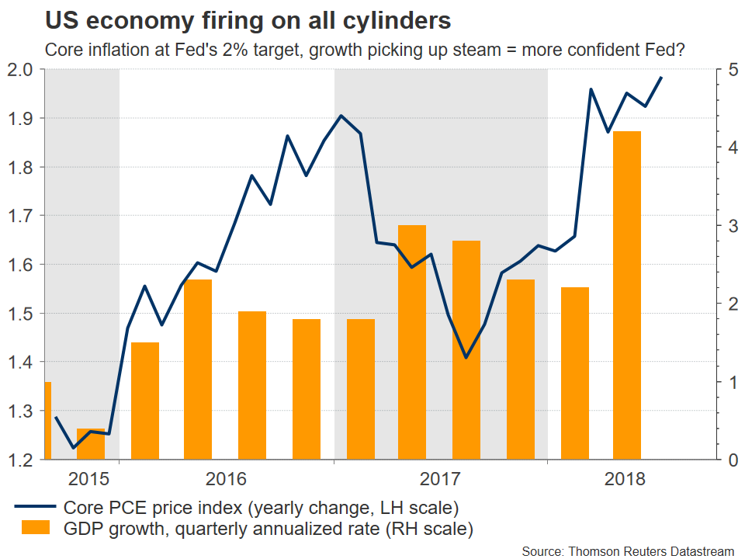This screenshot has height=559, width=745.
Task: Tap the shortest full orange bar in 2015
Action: [x=91, y=443]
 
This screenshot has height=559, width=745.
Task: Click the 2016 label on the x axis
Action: [x=226, y=477]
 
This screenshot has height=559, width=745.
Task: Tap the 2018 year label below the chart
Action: [x=625, y=477]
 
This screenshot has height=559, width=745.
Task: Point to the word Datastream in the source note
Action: [x=698, y=550]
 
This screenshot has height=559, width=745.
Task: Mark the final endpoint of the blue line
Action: [x=660, y=78]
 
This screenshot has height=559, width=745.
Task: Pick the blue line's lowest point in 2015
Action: [x=74, y=447]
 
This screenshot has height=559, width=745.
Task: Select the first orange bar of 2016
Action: [x=144, y=401]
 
